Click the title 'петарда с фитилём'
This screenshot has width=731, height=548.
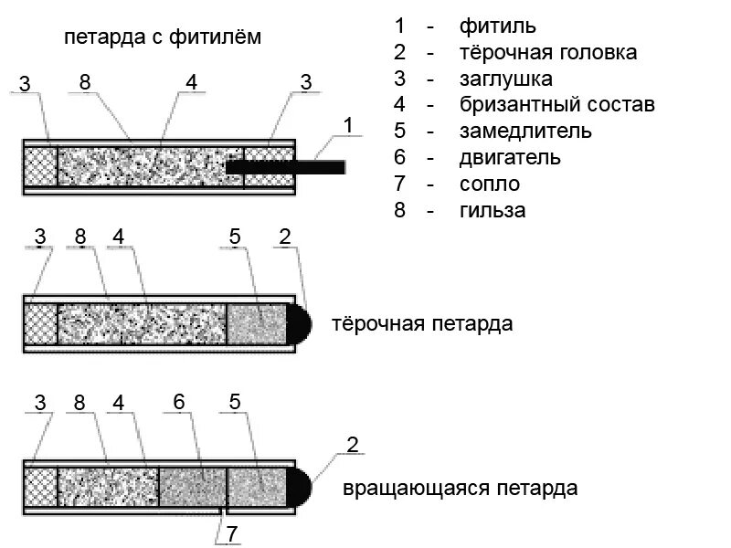(163, 37)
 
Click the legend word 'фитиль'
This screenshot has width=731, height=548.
(498, 25)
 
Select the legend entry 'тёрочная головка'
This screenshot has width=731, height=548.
(548, 52)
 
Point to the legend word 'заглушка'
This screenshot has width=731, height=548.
(506, 79)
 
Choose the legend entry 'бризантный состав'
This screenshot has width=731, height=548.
(557, 105)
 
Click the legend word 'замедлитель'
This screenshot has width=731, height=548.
(525, 131)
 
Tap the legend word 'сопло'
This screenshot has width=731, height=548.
(491, 184)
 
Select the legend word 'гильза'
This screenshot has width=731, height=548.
(493, 210)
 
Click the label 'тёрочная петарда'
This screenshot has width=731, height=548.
(422, 324)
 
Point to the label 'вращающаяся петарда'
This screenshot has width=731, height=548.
(461, 487)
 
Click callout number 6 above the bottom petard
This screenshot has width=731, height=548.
(179, 402)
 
